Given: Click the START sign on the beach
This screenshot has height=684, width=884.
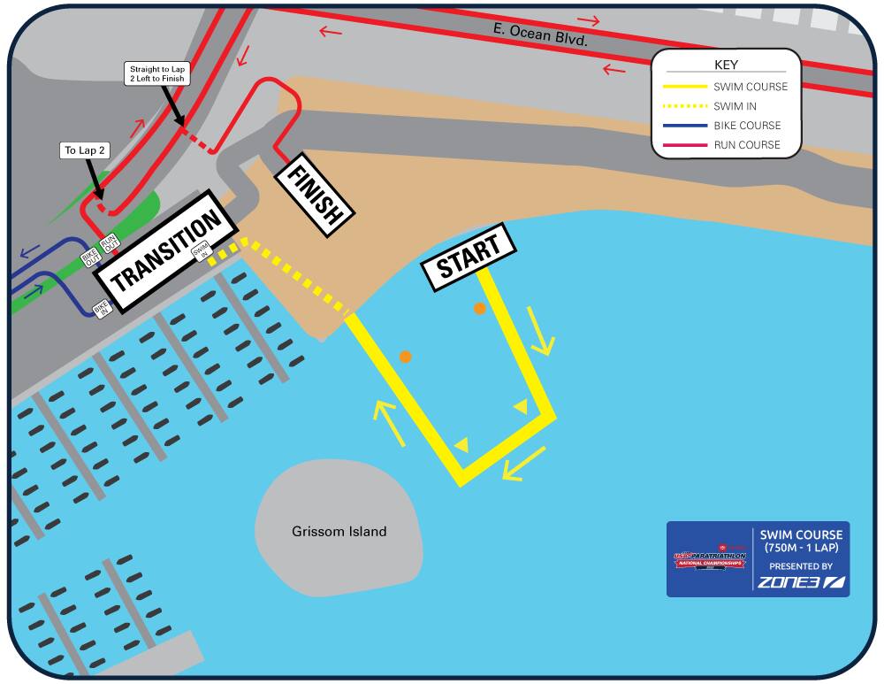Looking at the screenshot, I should [x=469, y=257].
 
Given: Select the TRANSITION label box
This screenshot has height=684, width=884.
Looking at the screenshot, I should [x=166, y=251].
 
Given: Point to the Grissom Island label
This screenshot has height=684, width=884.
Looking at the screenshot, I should [x=339, y=532].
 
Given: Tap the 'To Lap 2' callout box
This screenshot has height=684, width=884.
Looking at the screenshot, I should [x=85, y=150].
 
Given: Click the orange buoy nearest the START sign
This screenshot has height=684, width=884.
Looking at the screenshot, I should [x=479, y=309].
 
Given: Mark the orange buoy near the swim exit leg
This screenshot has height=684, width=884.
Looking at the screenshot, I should [x=405, y=357].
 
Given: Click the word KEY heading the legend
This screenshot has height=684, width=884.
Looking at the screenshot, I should [x=726, y=65].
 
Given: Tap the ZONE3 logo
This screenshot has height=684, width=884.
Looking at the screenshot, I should [x=801, y=582].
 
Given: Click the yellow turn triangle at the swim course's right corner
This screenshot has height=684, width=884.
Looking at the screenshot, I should [x=521, y=406].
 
